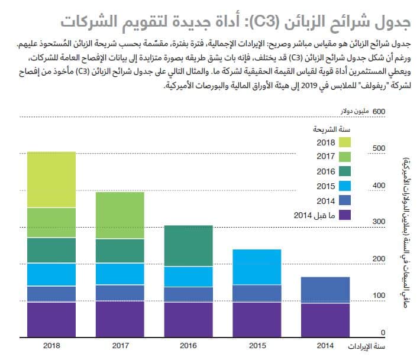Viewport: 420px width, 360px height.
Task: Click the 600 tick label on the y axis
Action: (379, 111)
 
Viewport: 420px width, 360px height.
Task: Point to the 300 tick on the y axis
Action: (379, 221)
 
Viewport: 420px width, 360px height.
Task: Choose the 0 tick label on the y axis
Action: (384, 333)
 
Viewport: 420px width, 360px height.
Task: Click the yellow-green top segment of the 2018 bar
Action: (51, 180)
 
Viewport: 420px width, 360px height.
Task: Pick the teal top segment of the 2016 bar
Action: (189, 246)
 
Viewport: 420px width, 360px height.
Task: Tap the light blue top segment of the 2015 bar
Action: (257, 267)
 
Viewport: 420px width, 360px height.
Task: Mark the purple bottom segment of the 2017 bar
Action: (120, 319)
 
